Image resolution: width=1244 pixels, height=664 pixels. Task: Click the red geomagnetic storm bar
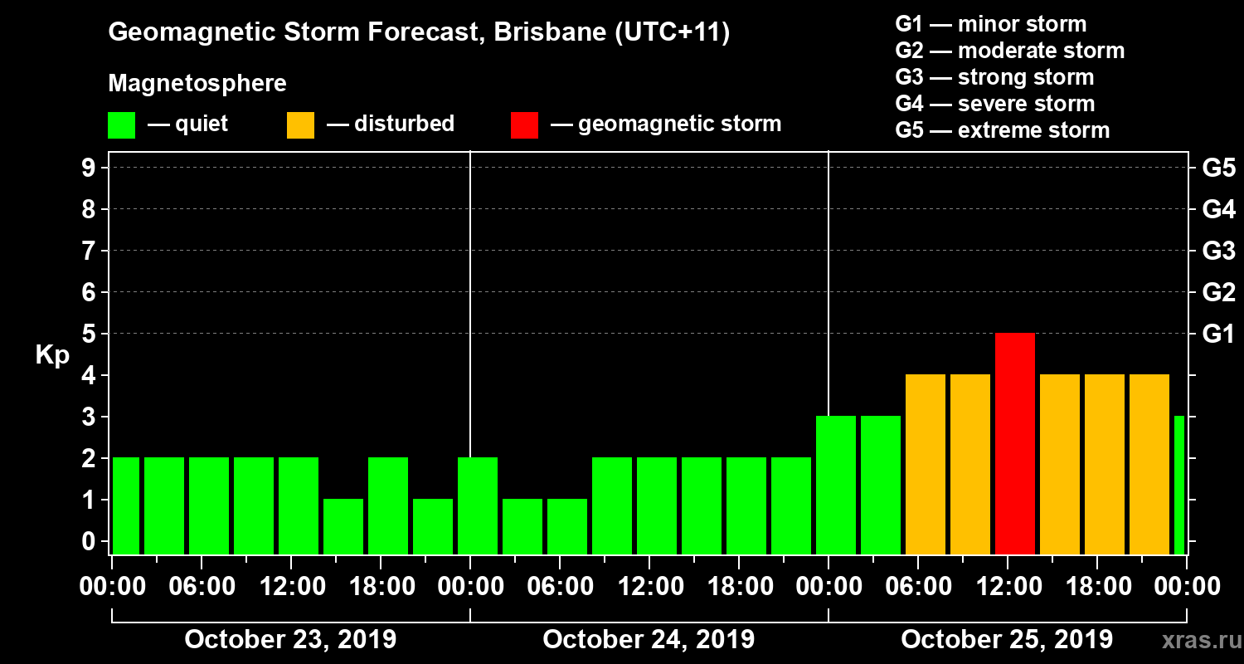click(x=1015, y=443)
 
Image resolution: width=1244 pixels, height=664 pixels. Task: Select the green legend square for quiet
click(x=121, y=124)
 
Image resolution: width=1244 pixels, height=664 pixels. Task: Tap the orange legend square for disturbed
click(x=300, y=124)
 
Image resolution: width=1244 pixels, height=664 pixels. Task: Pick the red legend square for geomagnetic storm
click(x=524, y=124)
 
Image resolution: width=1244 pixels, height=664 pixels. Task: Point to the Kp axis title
click(x=52, y=355)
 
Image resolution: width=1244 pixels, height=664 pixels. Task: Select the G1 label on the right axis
click(x=1218, y=334)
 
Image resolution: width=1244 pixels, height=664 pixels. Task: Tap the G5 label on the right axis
click(x=1218, y=168)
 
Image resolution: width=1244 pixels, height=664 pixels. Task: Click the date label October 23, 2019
click(x=290, y=640)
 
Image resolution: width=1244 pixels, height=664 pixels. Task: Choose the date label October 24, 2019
click(x=649, y=640)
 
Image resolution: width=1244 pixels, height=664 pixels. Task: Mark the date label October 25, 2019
click(x=1007, y=640)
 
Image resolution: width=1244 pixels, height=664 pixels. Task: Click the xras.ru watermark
click(x=1195, y=640)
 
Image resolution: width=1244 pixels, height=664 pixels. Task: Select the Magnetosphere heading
click(x=197, y=84)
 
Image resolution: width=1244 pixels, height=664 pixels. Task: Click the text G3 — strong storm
click(x=994, y=77)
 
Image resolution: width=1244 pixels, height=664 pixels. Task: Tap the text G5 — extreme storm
click(x=1002, y=130)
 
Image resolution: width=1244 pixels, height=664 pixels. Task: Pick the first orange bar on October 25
click(x=926, y=464)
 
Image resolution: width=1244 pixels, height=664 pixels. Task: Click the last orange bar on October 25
click(x=1149, y=464)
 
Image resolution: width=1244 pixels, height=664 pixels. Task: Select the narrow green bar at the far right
click(x=1179, y=485)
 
